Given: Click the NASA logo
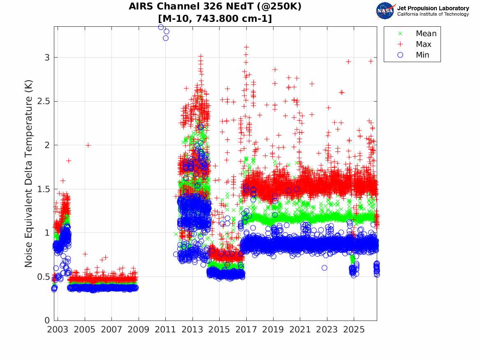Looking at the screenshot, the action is (386, 11).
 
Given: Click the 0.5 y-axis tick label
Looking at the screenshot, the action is (43, 277).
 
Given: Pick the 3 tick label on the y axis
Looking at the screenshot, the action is (47, 58).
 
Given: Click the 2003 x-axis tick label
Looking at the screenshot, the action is (58, 330).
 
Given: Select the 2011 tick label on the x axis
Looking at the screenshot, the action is (165, 330).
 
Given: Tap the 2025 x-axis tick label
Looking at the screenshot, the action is (354, 330).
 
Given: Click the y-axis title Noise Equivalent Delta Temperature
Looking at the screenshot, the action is (28, 174).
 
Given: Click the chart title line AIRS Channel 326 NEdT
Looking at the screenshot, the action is (215, 6).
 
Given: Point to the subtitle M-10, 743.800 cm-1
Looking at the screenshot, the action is (215, 19).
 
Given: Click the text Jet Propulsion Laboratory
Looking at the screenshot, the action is (433, 8).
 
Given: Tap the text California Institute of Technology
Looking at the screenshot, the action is (433, 14).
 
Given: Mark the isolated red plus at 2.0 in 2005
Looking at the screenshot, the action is (88, 145).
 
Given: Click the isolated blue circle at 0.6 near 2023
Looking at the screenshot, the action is (325, 268).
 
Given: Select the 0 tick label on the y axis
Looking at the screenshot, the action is (47, 321).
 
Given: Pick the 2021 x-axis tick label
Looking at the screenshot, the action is (300, 330).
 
